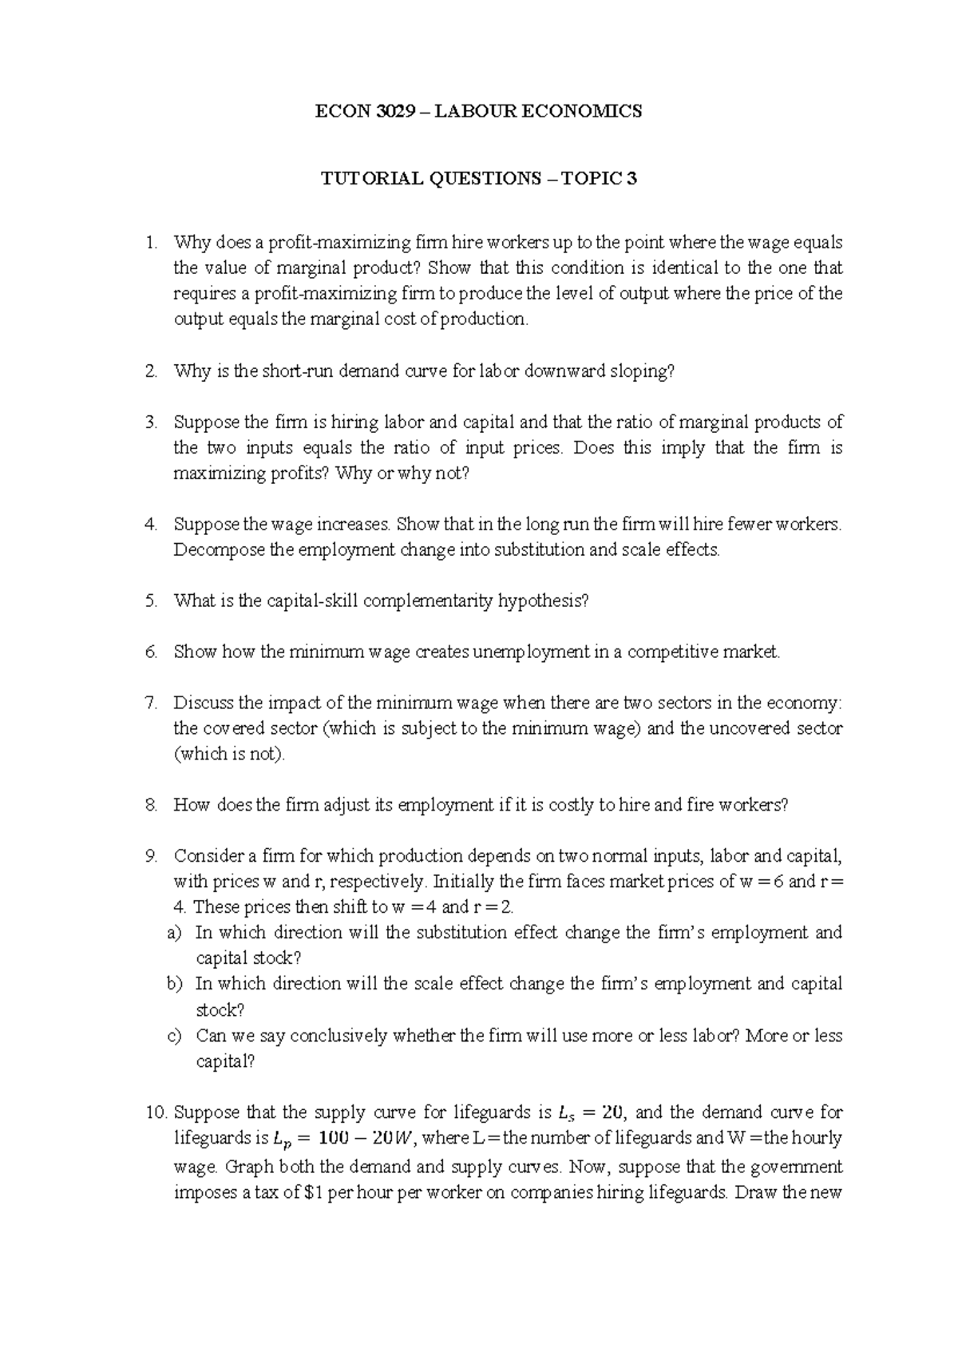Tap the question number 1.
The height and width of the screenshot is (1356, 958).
click(151, 242)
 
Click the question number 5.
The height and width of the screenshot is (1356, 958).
click(152, 601)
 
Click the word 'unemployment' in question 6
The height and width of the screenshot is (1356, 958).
click(531, 652)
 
